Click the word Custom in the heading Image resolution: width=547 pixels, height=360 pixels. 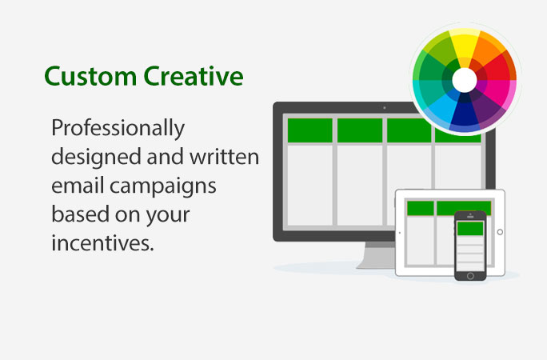point(90,76)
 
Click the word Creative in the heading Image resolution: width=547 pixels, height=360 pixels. point(194,76)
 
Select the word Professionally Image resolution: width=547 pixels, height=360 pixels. point(118,129)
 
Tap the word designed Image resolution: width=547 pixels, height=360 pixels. point(97,156)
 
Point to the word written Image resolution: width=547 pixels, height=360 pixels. point(224,156)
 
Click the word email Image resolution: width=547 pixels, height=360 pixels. point(78,185)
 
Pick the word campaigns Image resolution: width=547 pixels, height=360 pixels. point(163,186)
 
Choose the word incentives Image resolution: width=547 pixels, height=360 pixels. point(102,242)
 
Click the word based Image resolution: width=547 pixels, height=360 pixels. point(80,214)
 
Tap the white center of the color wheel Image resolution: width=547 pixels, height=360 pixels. point(465,80)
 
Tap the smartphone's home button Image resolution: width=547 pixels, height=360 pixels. point(470,276)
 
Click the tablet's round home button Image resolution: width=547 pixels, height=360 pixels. point(500,232)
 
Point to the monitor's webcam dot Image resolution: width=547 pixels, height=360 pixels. point(385,108)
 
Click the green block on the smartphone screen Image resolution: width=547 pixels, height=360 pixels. point(470,229)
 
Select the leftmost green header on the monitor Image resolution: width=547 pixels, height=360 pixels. point(309,130)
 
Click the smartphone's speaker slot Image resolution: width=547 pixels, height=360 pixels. point(470,217)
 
